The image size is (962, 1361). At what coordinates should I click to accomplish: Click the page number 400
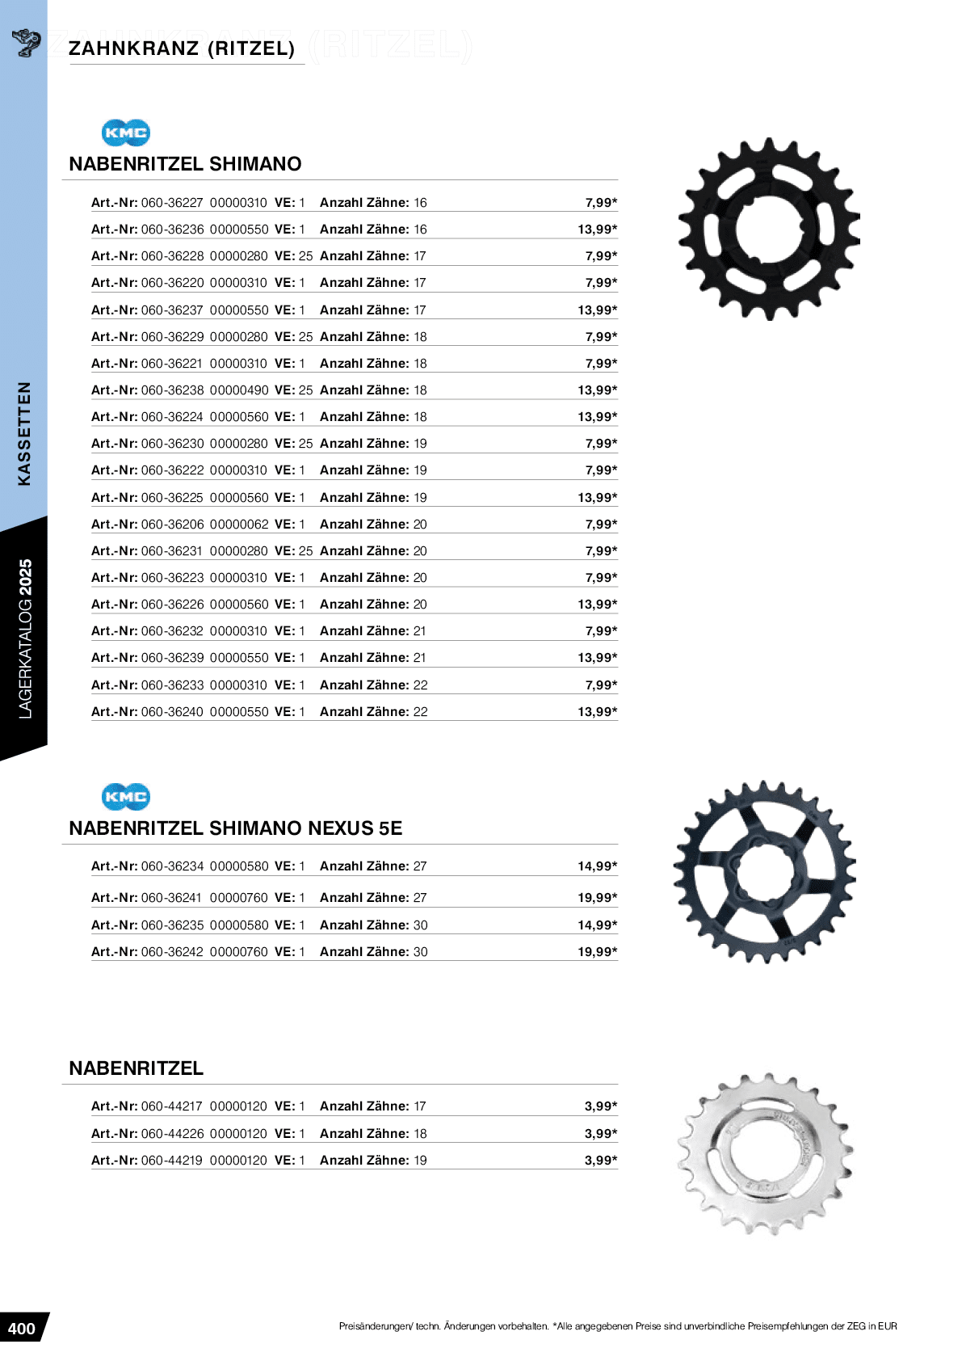point(22,1329)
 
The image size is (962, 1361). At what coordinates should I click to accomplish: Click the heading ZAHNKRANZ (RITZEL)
point(182,48)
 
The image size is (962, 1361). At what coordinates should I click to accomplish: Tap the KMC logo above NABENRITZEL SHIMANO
point(126,133)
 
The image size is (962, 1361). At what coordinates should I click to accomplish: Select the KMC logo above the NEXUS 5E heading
point(126,797)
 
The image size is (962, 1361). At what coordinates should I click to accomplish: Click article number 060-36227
point(172,203)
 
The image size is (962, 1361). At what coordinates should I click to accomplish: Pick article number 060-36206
point(172,525)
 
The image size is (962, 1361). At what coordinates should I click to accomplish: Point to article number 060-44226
point(172,1134)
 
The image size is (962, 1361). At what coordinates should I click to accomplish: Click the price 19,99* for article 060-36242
point(597,952)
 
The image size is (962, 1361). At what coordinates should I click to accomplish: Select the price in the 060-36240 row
point(597,712)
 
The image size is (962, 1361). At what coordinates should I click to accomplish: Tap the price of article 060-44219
point(601,1161)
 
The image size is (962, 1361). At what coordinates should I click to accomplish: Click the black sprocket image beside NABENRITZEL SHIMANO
point(768,230)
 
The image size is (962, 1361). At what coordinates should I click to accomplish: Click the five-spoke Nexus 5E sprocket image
point(764,872)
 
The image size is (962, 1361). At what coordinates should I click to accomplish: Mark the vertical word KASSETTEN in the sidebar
point(24,433)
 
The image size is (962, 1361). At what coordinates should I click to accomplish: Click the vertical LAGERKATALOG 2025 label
point(25,638)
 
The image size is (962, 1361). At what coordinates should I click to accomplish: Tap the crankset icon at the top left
point(26,43)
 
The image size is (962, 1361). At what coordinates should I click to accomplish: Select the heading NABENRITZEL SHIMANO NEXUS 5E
point(236,828)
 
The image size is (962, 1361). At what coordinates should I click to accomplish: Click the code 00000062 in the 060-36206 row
point(239,525)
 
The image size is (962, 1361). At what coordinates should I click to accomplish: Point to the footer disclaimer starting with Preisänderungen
point(618,1326)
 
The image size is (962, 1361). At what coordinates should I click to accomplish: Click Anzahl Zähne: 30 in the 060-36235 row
point(374,925)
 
